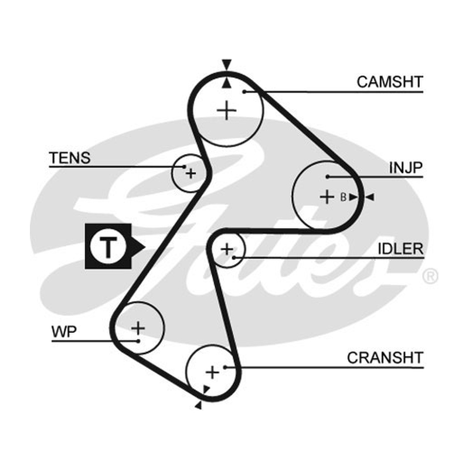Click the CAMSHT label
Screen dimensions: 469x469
390,81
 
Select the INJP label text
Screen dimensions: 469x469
406,168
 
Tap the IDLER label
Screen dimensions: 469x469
401,249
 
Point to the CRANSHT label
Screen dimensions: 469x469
385,358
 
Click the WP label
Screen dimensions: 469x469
64,332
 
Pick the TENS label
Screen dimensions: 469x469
70,158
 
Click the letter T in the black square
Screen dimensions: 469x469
108,247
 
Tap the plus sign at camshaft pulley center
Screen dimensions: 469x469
227,110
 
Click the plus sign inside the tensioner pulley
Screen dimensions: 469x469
191,173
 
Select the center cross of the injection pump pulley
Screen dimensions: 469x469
327,197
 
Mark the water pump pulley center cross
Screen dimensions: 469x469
138,328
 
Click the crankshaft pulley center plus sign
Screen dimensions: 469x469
212,372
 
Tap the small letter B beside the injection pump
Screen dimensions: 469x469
344,197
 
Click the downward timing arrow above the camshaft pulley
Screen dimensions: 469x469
227,65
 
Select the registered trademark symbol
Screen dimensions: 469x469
430,276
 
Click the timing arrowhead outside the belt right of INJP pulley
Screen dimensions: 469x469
370,197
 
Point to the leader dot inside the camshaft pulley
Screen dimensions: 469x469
244,92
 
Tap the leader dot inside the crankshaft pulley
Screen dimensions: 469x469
225,367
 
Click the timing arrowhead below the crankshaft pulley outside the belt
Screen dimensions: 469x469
199,405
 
